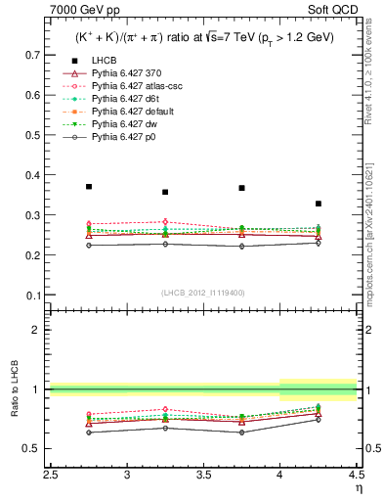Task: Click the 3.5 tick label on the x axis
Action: (203, 476)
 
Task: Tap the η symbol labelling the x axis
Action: (359, 486)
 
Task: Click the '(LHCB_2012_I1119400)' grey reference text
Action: (203, 293)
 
